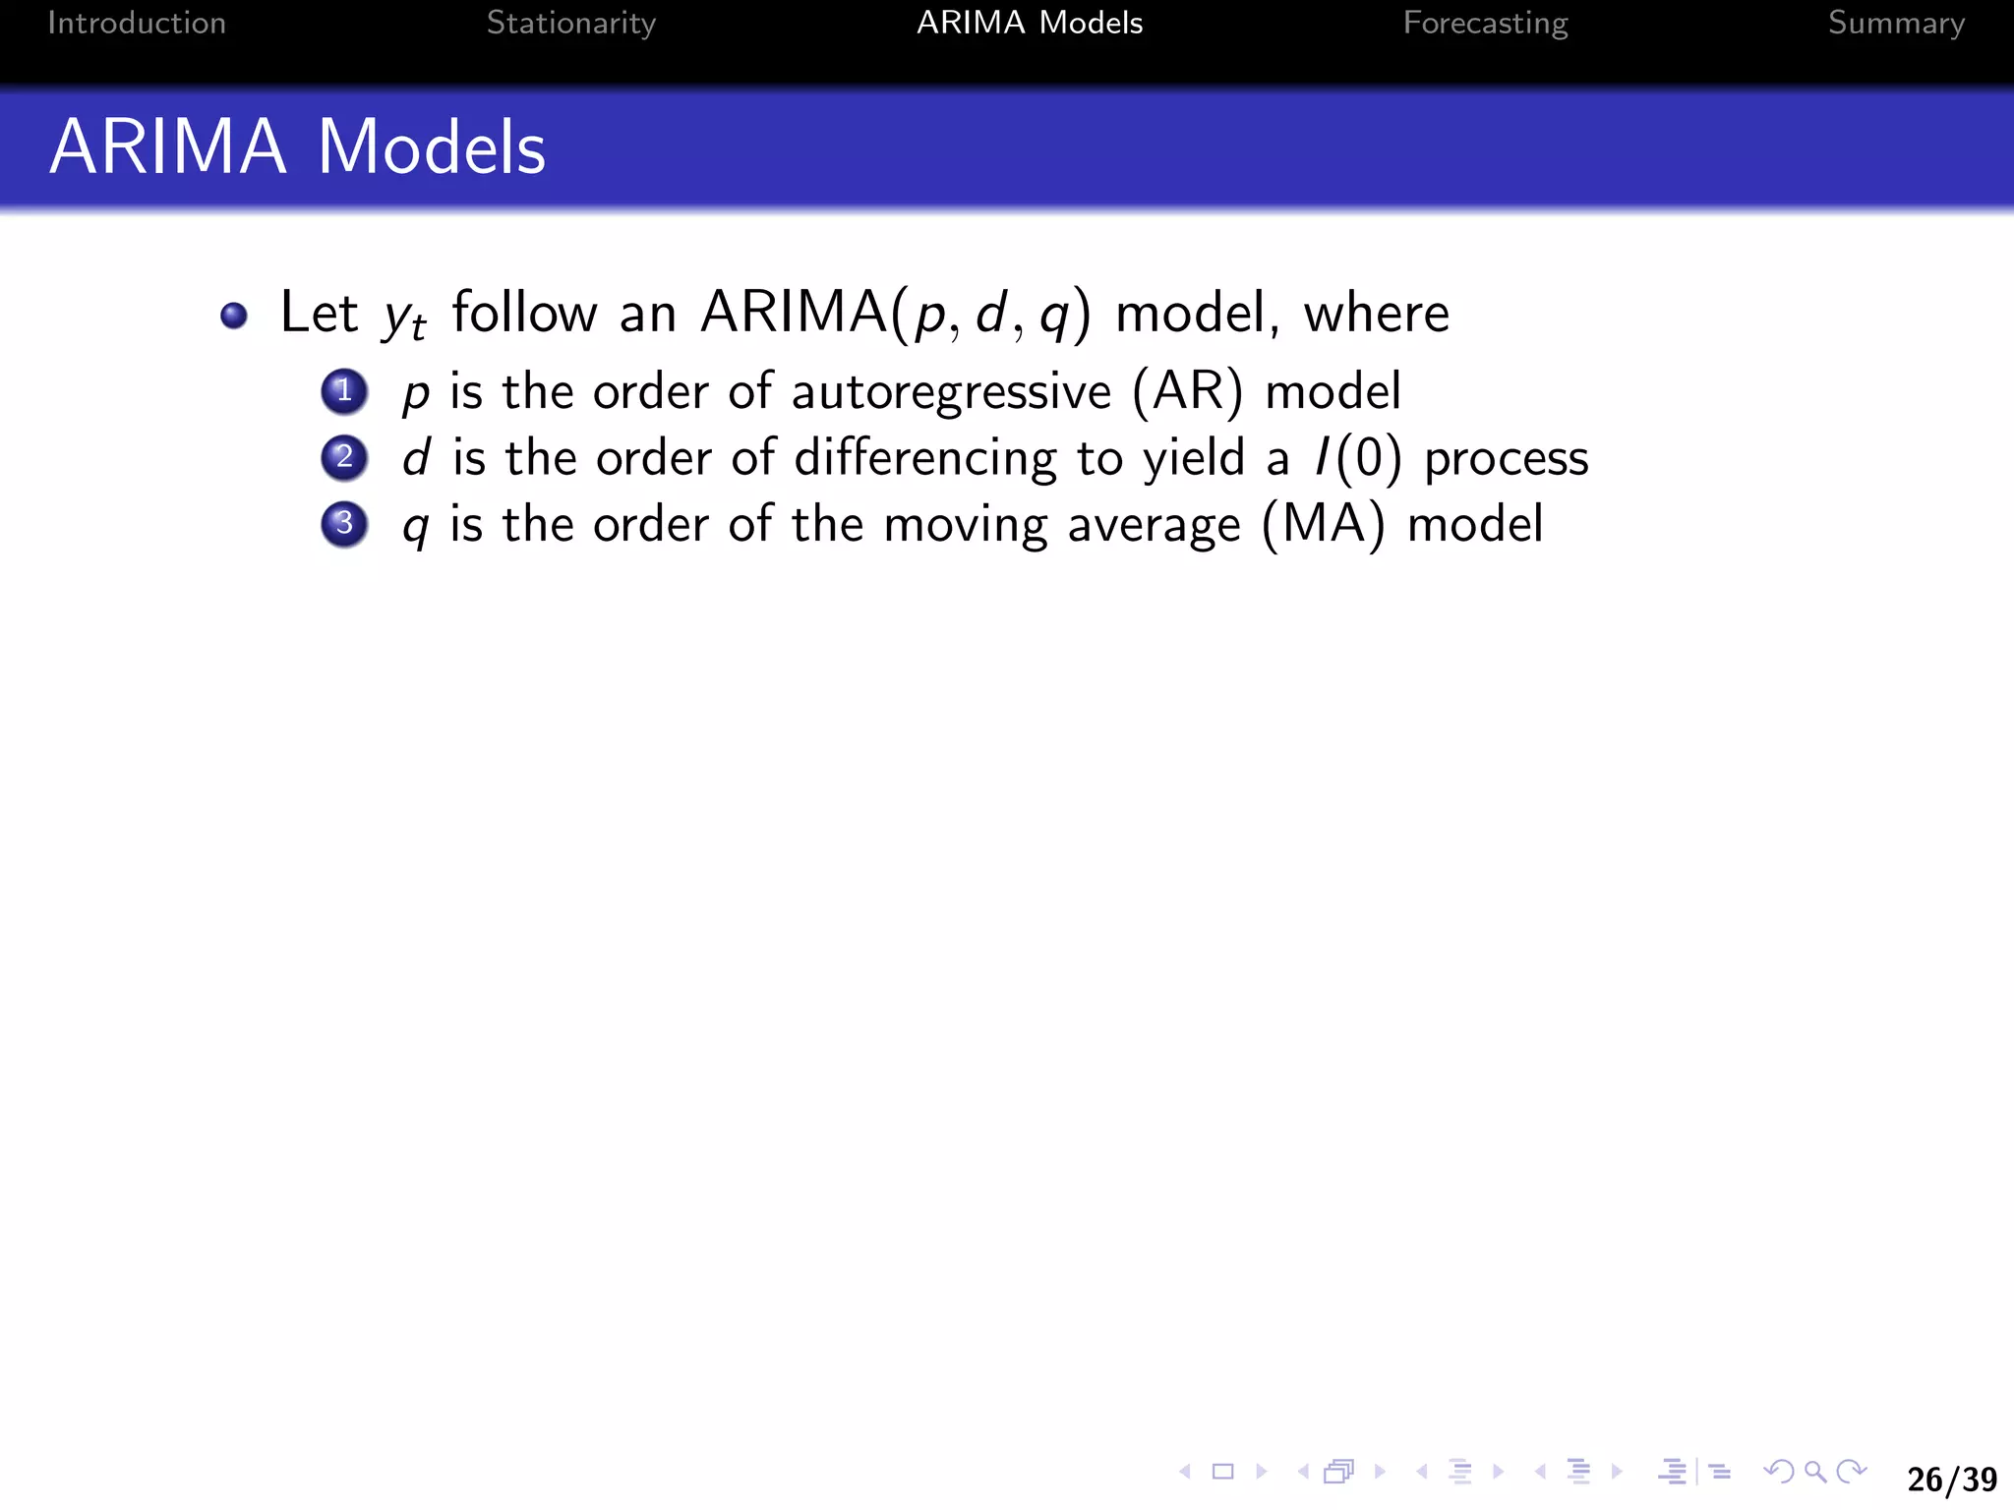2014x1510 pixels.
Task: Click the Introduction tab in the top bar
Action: pyautogui.click(x=137, y=23)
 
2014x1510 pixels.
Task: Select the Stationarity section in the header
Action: pyautogui.click(x=570, y=23)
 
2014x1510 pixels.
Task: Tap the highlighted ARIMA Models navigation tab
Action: pyautogui.click(x=1030, y=23)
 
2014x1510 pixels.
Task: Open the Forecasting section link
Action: pyautogui.click(x=1485, y=23)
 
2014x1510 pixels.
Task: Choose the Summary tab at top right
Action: pyautogui.click(x=1896, y=23)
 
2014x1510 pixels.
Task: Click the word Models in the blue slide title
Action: pyautogui.click(x=431, y=147)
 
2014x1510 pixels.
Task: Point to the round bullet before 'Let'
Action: pyautogui.click(x=234, y=316)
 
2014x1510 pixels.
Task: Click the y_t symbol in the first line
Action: pyautogui.click(x=404, y=317)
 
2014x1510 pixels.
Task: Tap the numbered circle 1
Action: pyautogui.click(x=344, y=391)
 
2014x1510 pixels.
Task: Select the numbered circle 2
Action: pyautogui.click(x=344, y=458)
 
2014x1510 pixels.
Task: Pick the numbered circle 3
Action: pyautogui.click(x=344, y=524)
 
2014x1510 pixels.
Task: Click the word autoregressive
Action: pyautogui.click(x=951, y=393)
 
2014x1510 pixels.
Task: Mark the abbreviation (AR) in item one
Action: pyautogui.click(x=1187, y=392)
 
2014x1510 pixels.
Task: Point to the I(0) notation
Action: pyautogui.click(x=1358, y=459)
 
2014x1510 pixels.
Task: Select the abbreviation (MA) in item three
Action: pyautogui.click(x=1324, y=525)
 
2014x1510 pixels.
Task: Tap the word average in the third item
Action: pyautogui.click(x=1154, y=526)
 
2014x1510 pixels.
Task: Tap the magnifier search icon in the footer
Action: pyautogui.click(x=1815, y=1472)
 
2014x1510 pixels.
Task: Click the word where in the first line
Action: pyautogui.click(x=1376, y=315)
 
